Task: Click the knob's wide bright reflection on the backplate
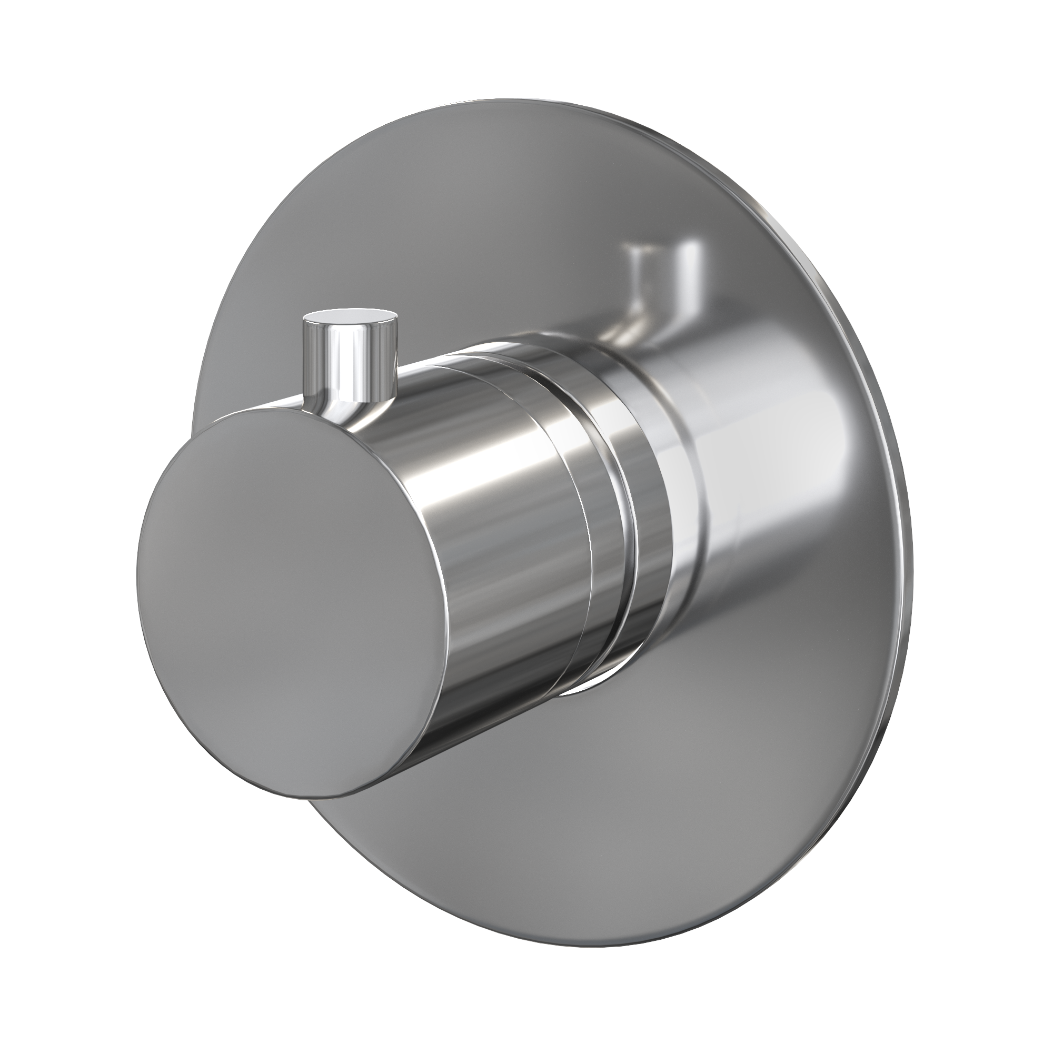click(763, 491)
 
